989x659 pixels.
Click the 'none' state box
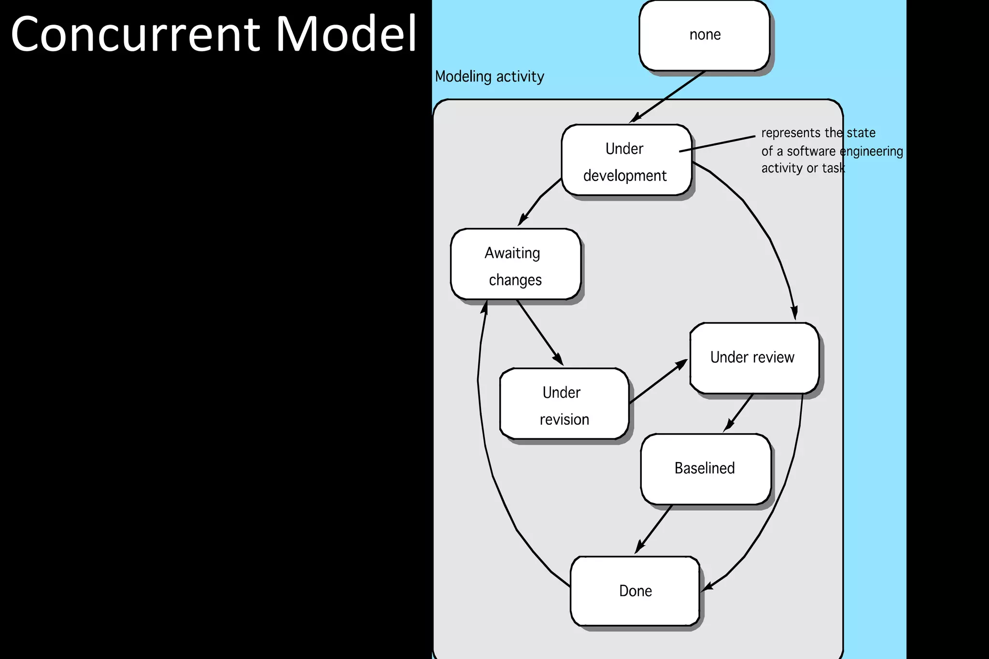point(705,36)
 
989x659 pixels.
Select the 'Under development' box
point(626,160)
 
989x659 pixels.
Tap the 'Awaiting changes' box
point(515,264)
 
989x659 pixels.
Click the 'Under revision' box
point(564,404)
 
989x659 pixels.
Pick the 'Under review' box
point(754,358)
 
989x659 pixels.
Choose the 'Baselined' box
point(705,469)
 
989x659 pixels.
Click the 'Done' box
point(635,591)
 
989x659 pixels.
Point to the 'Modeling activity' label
point(489,77)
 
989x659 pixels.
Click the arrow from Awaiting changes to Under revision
point(539,332)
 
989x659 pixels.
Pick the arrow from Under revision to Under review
point(658,381)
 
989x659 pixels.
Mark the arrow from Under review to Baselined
point(739,413)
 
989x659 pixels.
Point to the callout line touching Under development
point(717,144)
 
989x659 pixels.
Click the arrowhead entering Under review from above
point(793,312)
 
